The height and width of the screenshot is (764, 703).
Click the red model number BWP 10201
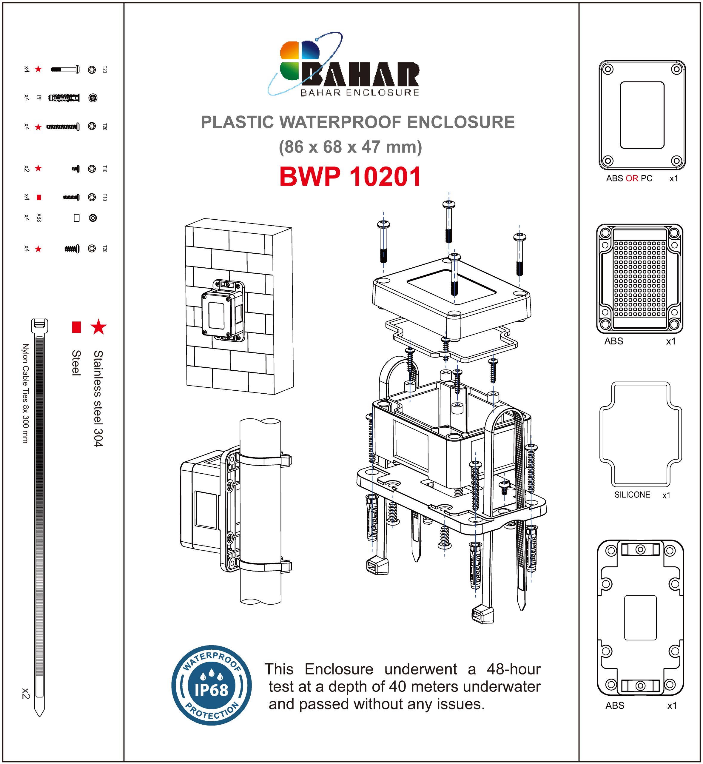[x=350, y=177]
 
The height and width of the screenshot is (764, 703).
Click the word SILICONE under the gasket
[x=632, y=495]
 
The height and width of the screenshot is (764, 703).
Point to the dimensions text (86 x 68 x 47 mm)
[x=350, y=147]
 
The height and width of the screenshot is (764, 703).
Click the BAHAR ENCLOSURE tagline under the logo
[x=360, y=93]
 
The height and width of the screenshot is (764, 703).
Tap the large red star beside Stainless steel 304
[x=98, y=326]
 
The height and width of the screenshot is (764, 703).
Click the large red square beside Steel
[x=76, y=327]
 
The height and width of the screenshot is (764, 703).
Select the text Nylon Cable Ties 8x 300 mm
[x=25, y=393]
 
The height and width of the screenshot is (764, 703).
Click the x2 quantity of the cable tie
[x=25, y=693]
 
